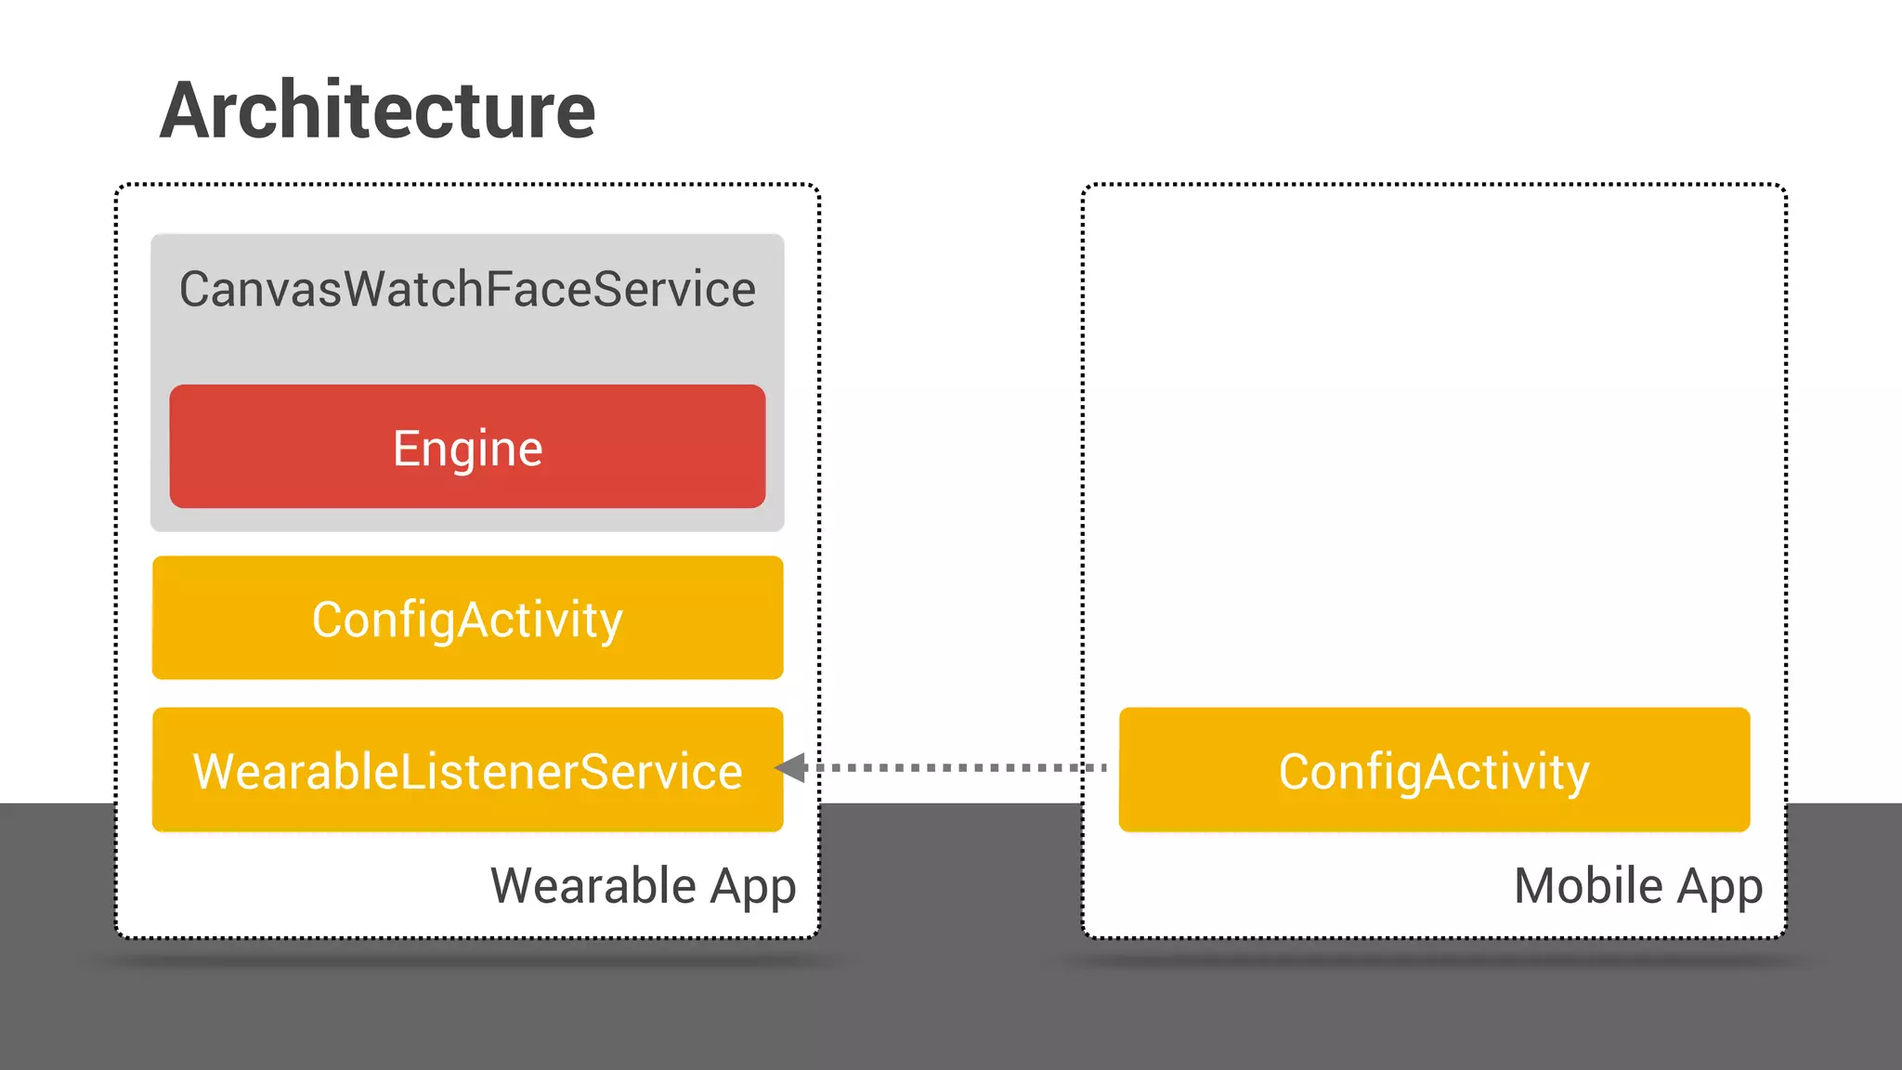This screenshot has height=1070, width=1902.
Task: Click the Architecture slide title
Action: (x=377, y=111)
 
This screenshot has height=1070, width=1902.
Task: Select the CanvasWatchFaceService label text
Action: (x=467, y=289)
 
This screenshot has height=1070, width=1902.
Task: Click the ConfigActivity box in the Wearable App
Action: (x=467, y=619)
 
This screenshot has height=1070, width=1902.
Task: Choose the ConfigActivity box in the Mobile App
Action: (x=1434, y=770)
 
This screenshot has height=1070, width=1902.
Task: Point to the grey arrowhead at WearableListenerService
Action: (x=790, y=768)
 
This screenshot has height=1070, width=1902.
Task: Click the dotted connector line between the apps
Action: (x=957, y=768)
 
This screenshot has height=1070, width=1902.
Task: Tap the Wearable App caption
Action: (x=643, y=885)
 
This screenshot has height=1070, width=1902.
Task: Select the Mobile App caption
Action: (x=1638, y=885)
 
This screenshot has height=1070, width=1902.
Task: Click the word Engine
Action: (x=467, y=449)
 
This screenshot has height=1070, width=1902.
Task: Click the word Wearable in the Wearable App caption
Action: (x=593, y=885)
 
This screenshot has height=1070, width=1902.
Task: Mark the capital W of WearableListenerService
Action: (x=215, y=771)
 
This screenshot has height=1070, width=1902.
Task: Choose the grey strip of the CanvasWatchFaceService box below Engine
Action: (x=467, y=520)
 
